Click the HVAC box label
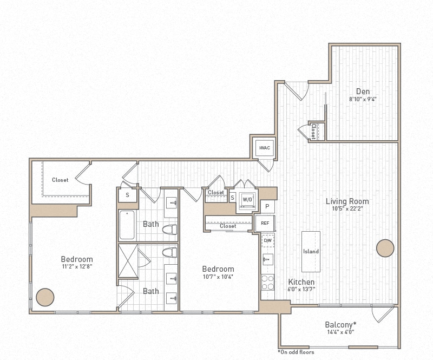point(265,148)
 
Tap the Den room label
point(363,91)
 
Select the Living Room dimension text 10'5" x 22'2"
point(347,210)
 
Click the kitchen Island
point(311,251)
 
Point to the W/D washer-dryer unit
point(247,199)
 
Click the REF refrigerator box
point(265,222)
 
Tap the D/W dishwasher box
point(267,240)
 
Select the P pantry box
point(267,207)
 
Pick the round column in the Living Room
point(385,248)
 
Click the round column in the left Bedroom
point(45,297)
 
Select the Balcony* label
point(340,324)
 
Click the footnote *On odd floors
point(296,352)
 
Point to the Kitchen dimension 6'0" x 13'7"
point(301,290)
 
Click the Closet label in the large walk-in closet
point(60,180)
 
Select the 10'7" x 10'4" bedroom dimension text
point(218,277)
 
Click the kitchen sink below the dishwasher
point(267,259)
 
